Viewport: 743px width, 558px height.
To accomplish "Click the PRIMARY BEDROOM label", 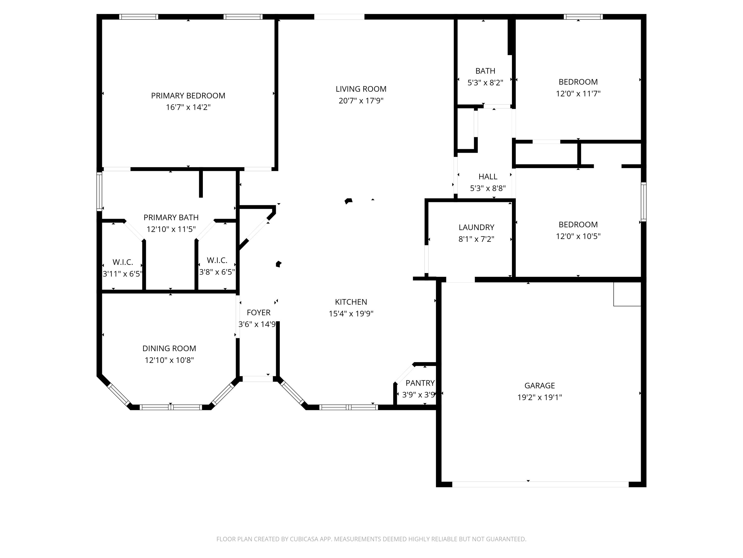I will point(188,95).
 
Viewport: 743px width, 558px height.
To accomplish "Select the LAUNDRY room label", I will point(476,227).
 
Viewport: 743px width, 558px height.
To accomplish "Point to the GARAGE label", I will point(539,385).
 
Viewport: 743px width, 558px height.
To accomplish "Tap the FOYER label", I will point(258,312).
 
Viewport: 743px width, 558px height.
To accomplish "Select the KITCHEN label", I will point(351,302).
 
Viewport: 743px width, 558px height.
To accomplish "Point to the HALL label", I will point(488,177).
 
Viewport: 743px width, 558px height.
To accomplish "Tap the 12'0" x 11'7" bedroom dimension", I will point(578,93).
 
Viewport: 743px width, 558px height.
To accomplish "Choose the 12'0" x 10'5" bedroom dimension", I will point(578,236).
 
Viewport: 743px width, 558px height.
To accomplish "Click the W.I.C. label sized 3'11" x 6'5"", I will point(123,262).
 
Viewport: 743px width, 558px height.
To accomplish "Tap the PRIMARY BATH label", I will point(171,217).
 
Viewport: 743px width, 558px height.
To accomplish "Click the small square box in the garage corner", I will point(627,294).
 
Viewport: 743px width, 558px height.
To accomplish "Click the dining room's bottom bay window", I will point(171,407).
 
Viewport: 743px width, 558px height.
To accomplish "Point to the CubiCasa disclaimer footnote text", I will point(371,539).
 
